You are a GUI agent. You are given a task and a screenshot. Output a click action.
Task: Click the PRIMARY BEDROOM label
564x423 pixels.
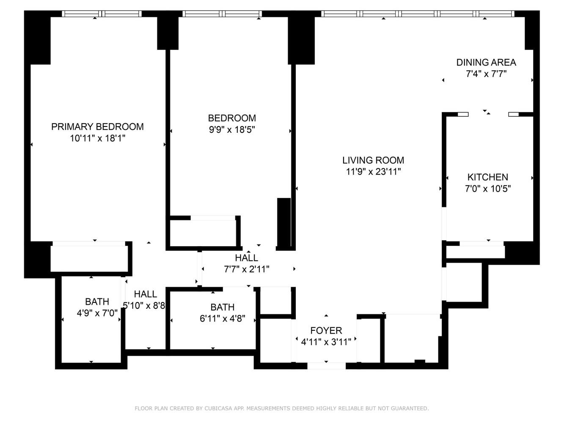(97, 126)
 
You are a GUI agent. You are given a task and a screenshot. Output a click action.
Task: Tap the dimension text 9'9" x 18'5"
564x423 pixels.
(232, 130)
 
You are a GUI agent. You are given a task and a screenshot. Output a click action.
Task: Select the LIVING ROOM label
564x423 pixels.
(373, 160)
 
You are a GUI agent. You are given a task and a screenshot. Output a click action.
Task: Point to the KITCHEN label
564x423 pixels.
(487, 177)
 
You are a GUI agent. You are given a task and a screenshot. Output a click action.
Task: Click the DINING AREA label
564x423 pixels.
(486, 63)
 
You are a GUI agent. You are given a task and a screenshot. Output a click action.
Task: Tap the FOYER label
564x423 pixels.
(326, 331)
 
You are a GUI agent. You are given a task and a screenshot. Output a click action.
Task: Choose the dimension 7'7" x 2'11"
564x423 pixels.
(246, 269)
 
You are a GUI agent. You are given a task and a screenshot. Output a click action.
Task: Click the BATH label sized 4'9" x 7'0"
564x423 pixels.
(97, 302)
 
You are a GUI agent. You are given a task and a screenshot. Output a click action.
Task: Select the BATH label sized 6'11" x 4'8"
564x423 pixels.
(222, 307)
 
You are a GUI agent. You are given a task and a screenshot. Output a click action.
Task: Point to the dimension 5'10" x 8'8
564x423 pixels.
(144, 305)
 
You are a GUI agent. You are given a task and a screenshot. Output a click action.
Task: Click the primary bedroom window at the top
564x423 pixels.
(102, 14)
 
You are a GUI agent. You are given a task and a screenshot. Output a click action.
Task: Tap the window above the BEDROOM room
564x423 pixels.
(222, 14)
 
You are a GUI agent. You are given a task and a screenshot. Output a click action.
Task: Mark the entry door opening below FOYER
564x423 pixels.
(326, 366)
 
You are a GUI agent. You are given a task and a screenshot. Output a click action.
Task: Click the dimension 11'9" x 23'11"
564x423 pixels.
(373, 172)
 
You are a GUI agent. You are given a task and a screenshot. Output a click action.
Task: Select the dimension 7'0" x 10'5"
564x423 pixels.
(487, 189)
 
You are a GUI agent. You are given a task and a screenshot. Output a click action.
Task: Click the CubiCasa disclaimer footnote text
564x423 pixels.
(281, 408)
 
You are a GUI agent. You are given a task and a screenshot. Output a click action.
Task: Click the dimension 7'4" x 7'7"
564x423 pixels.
(486, 74)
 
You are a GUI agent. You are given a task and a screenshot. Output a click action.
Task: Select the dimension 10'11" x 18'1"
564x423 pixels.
(97, 138)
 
